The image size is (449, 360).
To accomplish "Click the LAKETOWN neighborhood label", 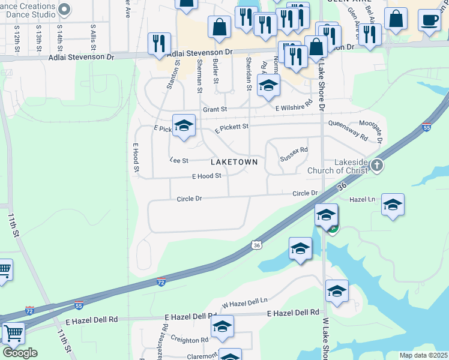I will (234, 162).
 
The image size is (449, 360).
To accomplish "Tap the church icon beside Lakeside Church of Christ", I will (376, 165).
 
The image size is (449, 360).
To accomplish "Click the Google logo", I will (20, 353).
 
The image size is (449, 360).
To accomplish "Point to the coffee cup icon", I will (429, 20).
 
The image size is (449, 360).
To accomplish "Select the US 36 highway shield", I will (257, 245).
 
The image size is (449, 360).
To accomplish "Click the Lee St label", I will (179, 160).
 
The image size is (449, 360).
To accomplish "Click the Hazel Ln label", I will (362, 199).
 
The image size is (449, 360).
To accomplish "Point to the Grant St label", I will (215, 109).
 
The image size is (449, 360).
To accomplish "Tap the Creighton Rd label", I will (188, 340).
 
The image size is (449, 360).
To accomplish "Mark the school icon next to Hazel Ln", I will (393, 205).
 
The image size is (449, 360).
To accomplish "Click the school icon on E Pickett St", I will (184, 125).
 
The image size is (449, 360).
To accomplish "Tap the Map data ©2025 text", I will (423, 355).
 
